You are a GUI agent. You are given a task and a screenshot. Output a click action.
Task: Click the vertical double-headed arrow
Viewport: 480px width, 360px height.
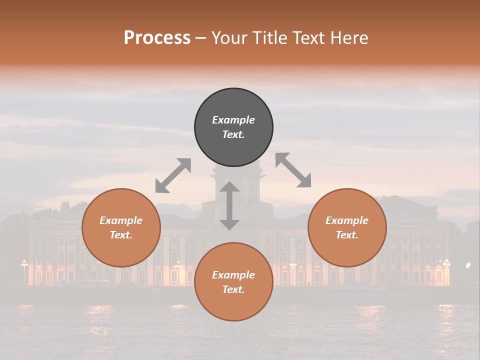tap(229, 205)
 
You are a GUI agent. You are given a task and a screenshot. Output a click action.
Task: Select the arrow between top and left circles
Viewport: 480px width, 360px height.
tap(173, 175)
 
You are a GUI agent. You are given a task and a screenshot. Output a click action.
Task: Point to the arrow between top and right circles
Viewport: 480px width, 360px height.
tap(293, 170)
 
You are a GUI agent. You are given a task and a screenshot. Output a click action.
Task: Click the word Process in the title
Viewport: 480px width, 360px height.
tap(157, 37)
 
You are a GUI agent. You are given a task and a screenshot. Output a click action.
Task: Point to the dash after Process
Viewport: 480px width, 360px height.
tap(200, 37)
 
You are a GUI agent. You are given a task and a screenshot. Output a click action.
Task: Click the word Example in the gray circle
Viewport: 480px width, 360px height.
tap(233, 120)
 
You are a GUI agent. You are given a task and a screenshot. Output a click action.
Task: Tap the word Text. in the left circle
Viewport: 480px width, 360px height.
tap(121, 235)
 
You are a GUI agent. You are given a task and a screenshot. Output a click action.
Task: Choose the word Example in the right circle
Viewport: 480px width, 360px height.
tap(347, 220)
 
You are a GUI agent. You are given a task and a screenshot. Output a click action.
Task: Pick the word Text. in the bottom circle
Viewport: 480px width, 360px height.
tap(233, 289)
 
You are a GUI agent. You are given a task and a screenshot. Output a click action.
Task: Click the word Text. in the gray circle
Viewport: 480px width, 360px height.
tap(233, 134)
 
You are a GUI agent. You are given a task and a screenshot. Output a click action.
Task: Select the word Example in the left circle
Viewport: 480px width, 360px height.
tap(121, 220)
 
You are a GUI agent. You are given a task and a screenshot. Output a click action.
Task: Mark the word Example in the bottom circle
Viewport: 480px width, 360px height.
tap(233, 275)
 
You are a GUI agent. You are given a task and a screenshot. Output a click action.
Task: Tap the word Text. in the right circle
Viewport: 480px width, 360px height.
tap(347, 235)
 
